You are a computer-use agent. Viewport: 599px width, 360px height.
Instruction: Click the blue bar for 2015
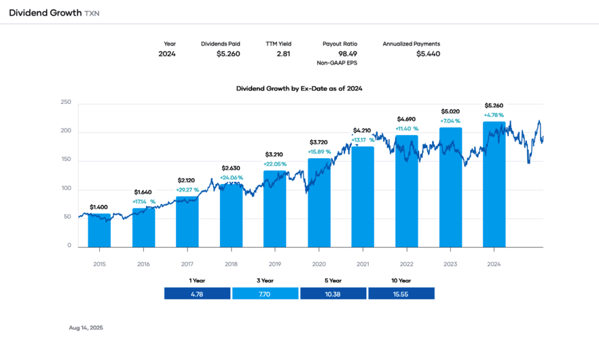(x=99, y=231)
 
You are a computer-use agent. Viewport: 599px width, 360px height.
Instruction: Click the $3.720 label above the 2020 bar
(x=319, y=142)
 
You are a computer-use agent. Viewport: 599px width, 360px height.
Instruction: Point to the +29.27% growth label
(x=187, y=190)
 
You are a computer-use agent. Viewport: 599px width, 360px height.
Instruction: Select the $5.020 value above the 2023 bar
(x=450, y=111)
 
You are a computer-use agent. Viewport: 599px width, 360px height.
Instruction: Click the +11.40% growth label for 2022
(x=407, y=128)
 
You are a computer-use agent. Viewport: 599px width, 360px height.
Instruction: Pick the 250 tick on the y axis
(x=65, y=103)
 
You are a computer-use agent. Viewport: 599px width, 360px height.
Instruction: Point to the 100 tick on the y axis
(x=65, y=188)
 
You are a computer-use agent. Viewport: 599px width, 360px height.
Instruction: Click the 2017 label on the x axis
(x=187, y=264)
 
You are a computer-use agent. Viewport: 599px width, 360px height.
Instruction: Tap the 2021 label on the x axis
(x=363, y=264)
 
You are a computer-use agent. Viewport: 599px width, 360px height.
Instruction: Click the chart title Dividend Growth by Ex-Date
(x=299, y=88)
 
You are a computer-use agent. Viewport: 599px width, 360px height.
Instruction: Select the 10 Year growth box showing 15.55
(x=401, y=293)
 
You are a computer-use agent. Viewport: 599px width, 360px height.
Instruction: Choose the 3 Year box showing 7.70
(x=265, y=293)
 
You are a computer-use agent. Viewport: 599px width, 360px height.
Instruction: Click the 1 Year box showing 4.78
(x=197, y=293)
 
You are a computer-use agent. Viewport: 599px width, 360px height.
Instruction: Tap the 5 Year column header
(x=333, y=280)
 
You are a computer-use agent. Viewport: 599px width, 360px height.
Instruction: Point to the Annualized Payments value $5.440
(x=428, y=54)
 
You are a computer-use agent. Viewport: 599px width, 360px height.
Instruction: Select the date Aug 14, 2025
(x=86, y=327)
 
